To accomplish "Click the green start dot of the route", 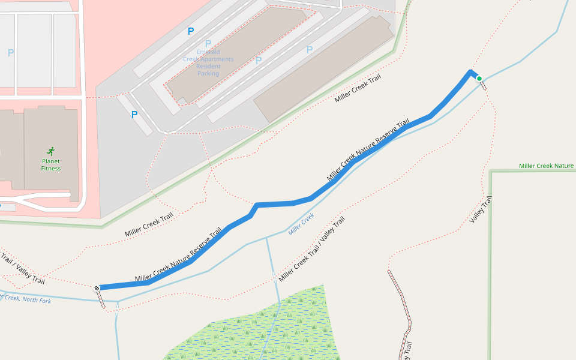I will point(479,78).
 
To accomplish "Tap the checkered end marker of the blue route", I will point(97,288).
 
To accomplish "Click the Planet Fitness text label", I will point(51,164).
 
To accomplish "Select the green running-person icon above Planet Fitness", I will point(51,151).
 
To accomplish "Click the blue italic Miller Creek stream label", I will point(301,224).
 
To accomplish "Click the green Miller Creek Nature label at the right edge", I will point(546,166).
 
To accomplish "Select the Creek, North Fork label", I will point(27,299).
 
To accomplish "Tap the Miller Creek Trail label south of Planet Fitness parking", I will point(149,224).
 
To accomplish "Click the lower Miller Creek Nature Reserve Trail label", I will point(178,255).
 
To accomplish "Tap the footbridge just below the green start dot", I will point(484,84).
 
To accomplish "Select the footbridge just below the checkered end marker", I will point(102,301).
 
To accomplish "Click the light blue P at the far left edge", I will point(10,53).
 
